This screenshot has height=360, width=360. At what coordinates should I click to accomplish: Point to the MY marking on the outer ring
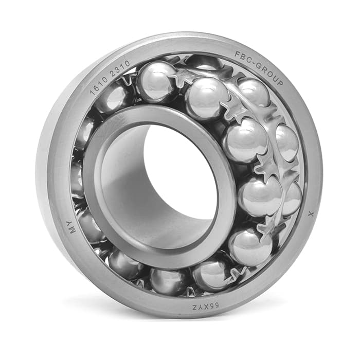[73, 227]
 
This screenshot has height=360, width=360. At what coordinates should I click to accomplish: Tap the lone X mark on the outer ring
[311, 214]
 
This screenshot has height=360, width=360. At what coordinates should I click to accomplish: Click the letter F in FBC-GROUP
[237, 54]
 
